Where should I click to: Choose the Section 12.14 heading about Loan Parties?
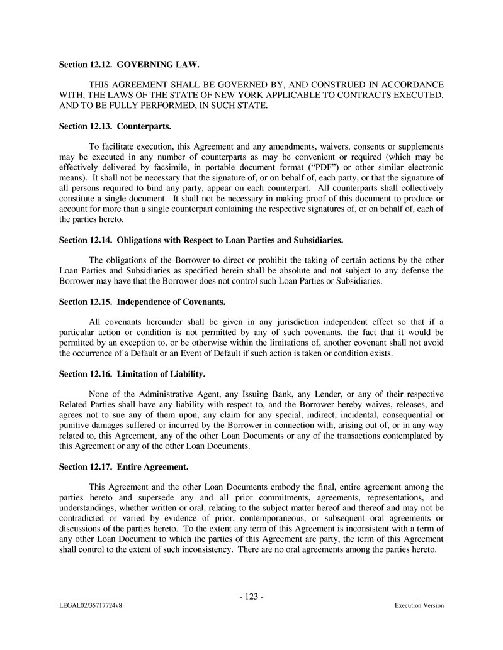[201, 240]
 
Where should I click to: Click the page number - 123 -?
[251, 597]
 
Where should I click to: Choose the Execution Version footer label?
[419, 606]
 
